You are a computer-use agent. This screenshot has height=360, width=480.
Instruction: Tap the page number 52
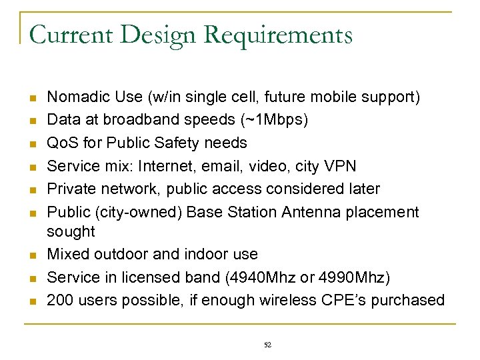[268, 345]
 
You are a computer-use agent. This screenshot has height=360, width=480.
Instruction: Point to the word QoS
[62, 143]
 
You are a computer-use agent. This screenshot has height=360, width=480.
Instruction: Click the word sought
[71, 231]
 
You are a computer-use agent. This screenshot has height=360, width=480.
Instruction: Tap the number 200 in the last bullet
[59, 300]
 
